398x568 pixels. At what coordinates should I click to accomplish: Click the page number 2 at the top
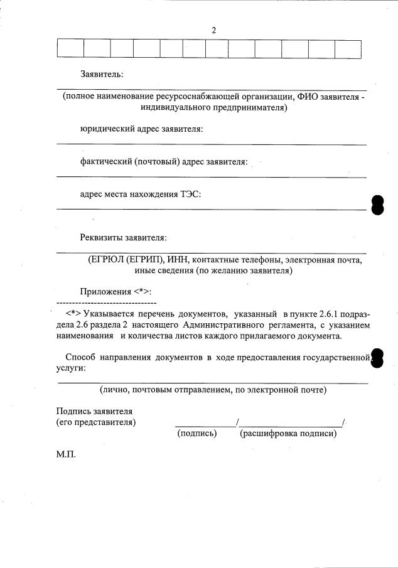click(214, 29)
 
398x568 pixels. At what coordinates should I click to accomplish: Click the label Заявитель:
click(102, 74)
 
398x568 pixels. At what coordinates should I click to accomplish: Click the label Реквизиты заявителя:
click(123, 238)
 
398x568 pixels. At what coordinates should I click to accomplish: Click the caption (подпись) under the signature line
click(197, 433)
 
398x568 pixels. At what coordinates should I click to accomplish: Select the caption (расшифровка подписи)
click(289, 433)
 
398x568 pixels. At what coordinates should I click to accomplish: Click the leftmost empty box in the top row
click(70, 49)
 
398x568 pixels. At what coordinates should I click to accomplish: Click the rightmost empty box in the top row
click(348, 49)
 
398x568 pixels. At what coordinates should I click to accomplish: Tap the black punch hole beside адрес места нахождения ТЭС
click(377, 205)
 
